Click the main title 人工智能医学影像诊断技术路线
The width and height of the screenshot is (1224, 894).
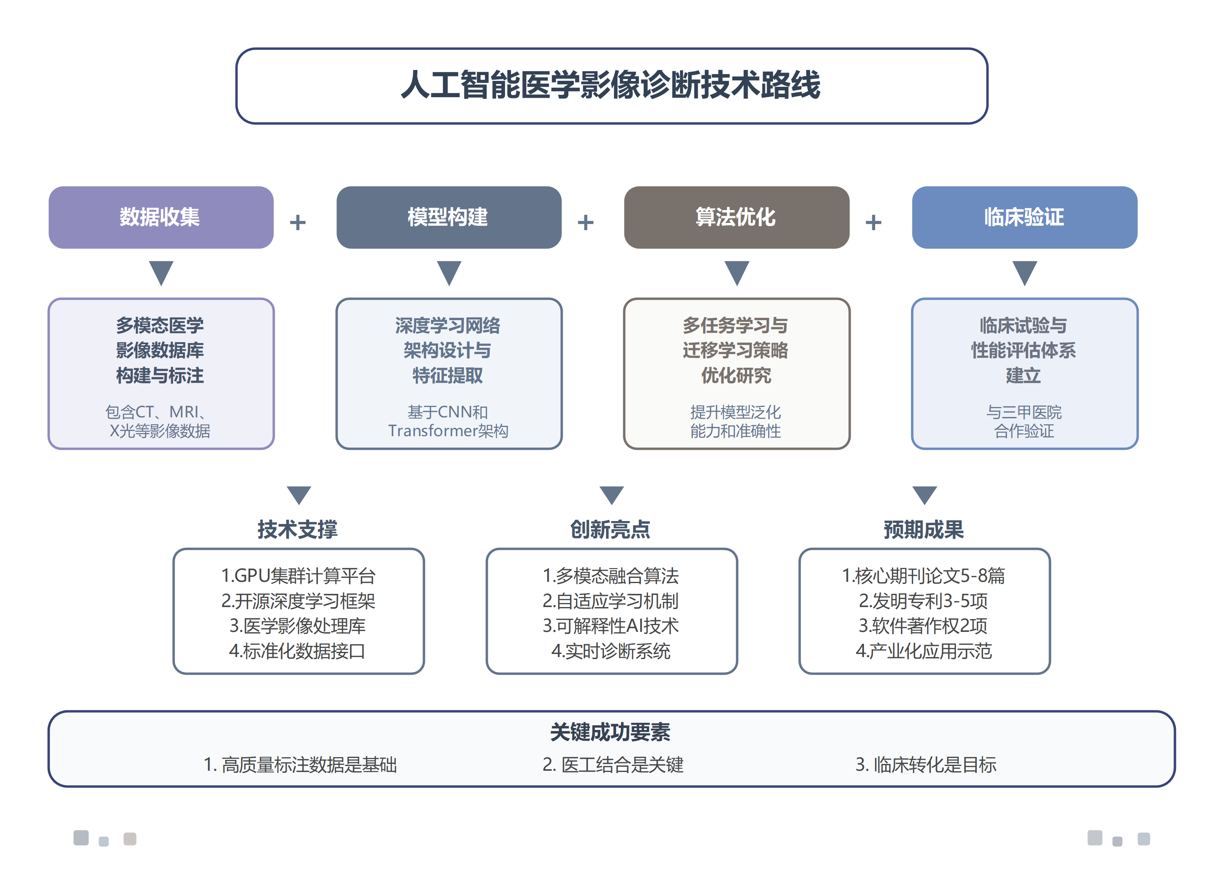[611, 86]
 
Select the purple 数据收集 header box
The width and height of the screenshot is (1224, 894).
[161, 218]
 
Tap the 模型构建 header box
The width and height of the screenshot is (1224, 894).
[449, 218]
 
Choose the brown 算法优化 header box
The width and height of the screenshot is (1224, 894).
[736, 218]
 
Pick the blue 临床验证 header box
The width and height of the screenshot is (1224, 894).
[1024, 218]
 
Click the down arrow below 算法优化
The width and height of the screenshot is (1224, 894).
[737, 272]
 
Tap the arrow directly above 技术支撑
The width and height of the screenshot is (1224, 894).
[298, 495]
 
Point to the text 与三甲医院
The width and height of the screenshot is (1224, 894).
[1024, 412]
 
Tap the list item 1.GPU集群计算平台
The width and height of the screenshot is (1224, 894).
[298, 576]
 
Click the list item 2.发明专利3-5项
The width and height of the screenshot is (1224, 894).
[924, 601]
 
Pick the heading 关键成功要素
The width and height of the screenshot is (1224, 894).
[610, 732]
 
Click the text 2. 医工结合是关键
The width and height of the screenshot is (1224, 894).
[612, 765]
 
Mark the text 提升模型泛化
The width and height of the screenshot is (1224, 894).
[735, 412]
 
